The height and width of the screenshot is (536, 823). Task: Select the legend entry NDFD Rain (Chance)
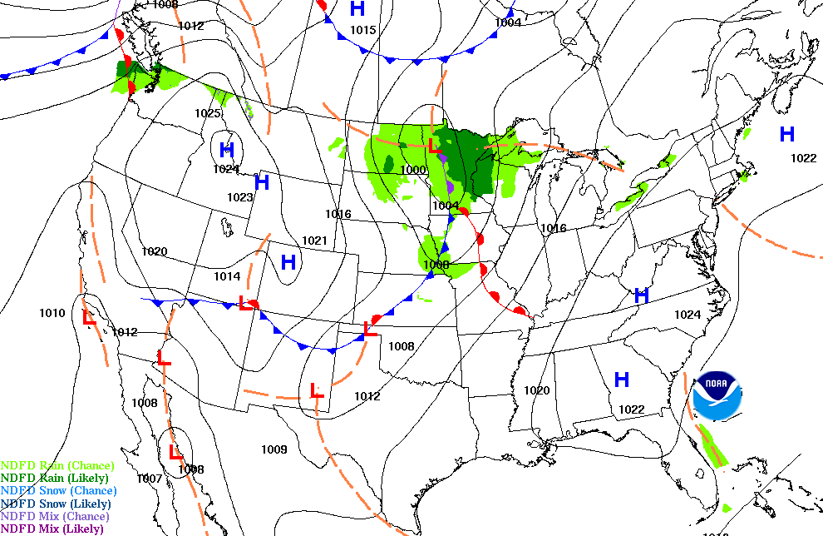57,465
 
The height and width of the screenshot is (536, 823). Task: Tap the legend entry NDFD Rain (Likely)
54,478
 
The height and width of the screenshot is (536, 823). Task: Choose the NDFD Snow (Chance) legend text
58,490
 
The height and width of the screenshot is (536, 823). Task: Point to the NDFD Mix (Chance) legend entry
55,516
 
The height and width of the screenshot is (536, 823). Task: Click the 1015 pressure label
363,30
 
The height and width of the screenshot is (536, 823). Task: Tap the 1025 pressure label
208,113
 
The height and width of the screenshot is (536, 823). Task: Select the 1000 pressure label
413,170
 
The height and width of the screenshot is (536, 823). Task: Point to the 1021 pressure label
314,241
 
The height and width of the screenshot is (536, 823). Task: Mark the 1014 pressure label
227,276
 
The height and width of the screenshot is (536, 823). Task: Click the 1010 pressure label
52,313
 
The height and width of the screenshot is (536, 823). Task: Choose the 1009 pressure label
274,449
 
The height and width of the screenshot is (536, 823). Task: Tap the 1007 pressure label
150,478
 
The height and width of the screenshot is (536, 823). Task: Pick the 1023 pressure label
239,197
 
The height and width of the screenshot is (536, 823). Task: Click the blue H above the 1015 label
357,9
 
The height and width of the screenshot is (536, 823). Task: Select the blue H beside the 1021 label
288,263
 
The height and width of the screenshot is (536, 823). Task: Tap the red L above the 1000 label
433,146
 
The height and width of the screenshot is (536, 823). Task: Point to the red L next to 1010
89,317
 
